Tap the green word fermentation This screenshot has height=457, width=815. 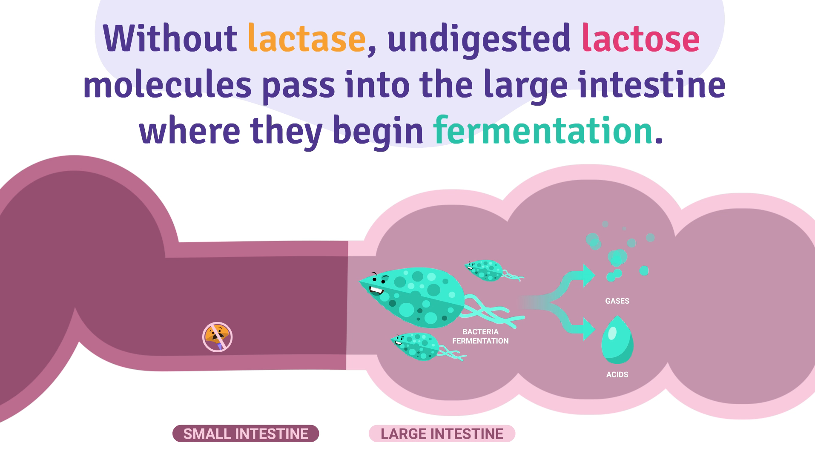(543, 131)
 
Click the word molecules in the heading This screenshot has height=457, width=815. (167, 85)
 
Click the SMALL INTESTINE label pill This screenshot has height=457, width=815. (246, 434)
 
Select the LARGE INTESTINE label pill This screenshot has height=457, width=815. (442, 434)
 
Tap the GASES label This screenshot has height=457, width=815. (617, 301)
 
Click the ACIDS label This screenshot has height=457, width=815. (617, 375)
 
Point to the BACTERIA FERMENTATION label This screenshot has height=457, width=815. (480, 336)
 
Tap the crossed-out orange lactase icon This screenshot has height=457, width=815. (217, 337)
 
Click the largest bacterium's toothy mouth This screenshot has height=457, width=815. (376, 291)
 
